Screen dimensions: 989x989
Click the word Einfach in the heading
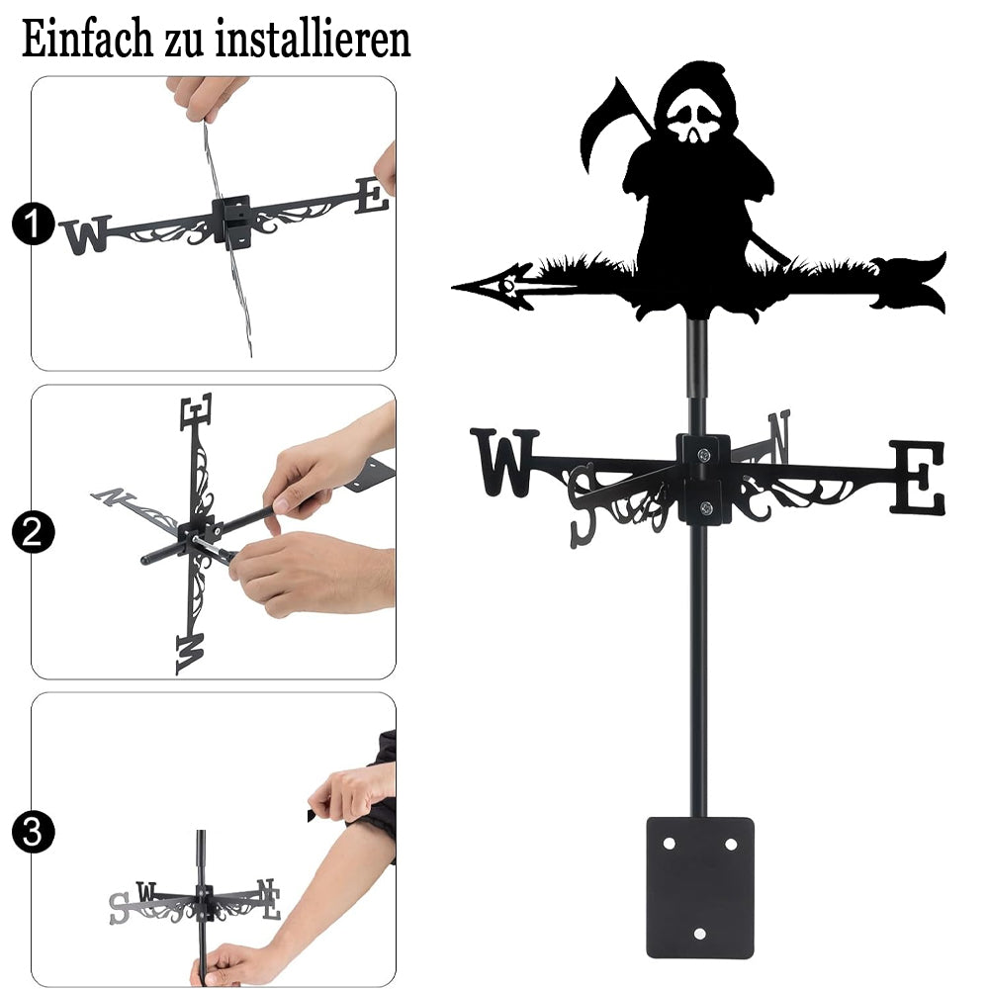coord(87,39)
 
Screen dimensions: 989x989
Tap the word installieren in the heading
coord(313,39)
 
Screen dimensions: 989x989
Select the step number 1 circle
coord(33,224)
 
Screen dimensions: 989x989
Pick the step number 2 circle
coord(33,532)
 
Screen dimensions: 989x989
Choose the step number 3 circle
coord(33,832)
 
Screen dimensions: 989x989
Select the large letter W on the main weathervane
coord(505,462)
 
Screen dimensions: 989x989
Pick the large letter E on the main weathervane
coord(918,477)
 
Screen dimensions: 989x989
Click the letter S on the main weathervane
coord(583,505)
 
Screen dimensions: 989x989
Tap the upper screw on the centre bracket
coord(704,454)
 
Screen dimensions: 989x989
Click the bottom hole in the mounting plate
coord(699,934)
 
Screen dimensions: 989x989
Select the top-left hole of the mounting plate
coord(669,844)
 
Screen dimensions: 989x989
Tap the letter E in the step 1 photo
coord(372,195)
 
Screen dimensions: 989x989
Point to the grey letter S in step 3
coord(119,909)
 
